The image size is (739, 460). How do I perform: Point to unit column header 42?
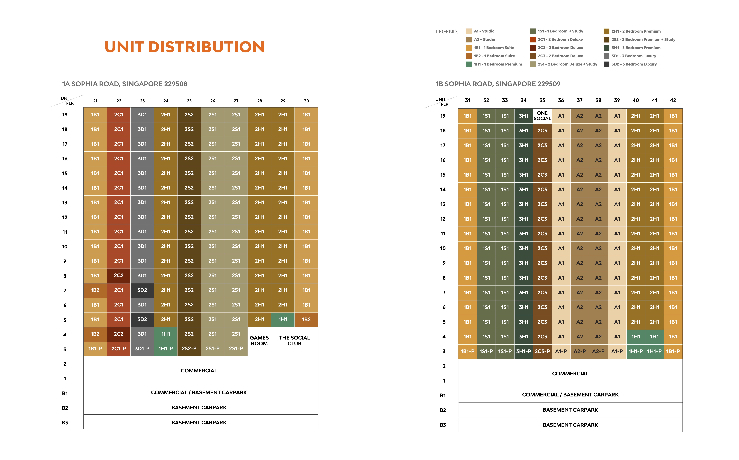point(673,100)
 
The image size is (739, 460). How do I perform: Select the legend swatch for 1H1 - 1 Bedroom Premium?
point(469,64)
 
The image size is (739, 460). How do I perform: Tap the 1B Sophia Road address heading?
point(498,84)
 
